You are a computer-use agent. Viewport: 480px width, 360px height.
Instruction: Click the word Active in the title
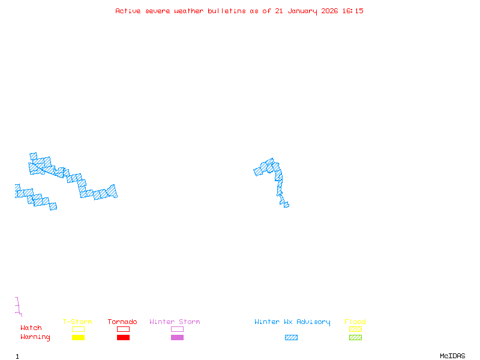click(128, 11)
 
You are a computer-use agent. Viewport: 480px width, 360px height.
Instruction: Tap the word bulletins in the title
click(227, 11)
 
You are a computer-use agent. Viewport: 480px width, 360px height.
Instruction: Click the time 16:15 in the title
click(353, 11)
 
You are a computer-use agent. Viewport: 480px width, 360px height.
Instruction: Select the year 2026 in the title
click(330, 11)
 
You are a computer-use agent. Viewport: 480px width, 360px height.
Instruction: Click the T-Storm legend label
click(77, 322)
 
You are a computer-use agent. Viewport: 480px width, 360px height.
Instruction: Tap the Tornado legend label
click(122, 322)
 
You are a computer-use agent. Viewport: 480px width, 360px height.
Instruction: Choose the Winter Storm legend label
click(175, 322)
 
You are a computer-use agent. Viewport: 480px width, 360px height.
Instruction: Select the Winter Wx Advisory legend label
click(292, 322)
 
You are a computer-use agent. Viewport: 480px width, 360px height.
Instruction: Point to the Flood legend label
click(355, 322)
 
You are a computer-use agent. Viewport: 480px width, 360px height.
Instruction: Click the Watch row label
click(31, 328)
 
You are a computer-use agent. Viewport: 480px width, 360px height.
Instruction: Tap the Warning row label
click(35, 337)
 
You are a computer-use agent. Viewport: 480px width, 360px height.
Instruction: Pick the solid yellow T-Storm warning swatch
click(78, 338)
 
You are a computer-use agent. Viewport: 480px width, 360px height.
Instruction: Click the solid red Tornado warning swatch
click(123, 338)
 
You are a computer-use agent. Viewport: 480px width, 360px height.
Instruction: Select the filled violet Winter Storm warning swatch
click(177, 338)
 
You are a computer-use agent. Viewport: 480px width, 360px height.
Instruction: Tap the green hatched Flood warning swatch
click(355, 338)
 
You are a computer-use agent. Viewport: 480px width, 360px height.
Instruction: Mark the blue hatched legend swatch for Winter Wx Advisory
click(291, 338)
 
